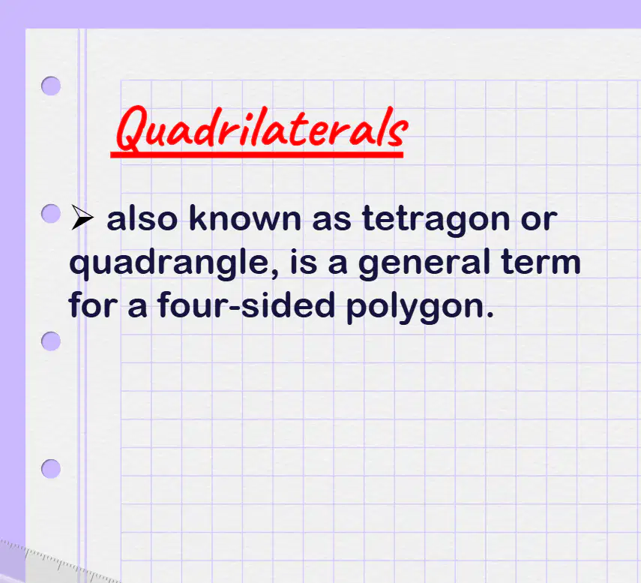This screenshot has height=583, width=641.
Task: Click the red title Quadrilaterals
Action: (262, 128)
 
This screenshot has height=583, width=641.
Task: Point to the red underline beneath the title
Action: (256, 155)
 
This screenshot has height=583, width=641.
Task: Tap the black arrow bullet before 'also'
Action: (82, 217)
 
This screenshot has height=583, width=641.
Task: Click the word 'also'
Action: (142, 218)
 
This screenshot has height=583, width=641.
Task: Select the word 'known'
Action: (245, 218)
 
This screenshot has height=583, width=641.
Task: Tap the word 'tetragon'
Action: (436, 221)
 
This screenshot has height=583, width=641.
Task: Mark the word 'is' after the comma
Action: (304, 262)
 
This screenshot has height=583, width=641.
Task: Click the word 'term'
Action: (541, 262)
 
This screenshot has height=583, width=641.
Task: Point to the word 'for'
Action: (93, 305)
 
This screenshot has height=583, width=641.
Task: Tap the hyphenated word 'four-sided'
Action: (246, 305)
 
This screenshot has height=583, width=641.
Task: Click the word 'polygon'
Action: (415, 307)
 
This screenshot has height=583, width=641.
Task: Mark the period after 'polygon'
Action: (490, 314)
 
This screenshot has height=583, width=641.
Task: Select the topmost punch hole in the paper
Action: (51, 86)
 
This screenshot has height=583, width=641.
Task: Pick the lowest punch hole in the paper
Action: (51, 469)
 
